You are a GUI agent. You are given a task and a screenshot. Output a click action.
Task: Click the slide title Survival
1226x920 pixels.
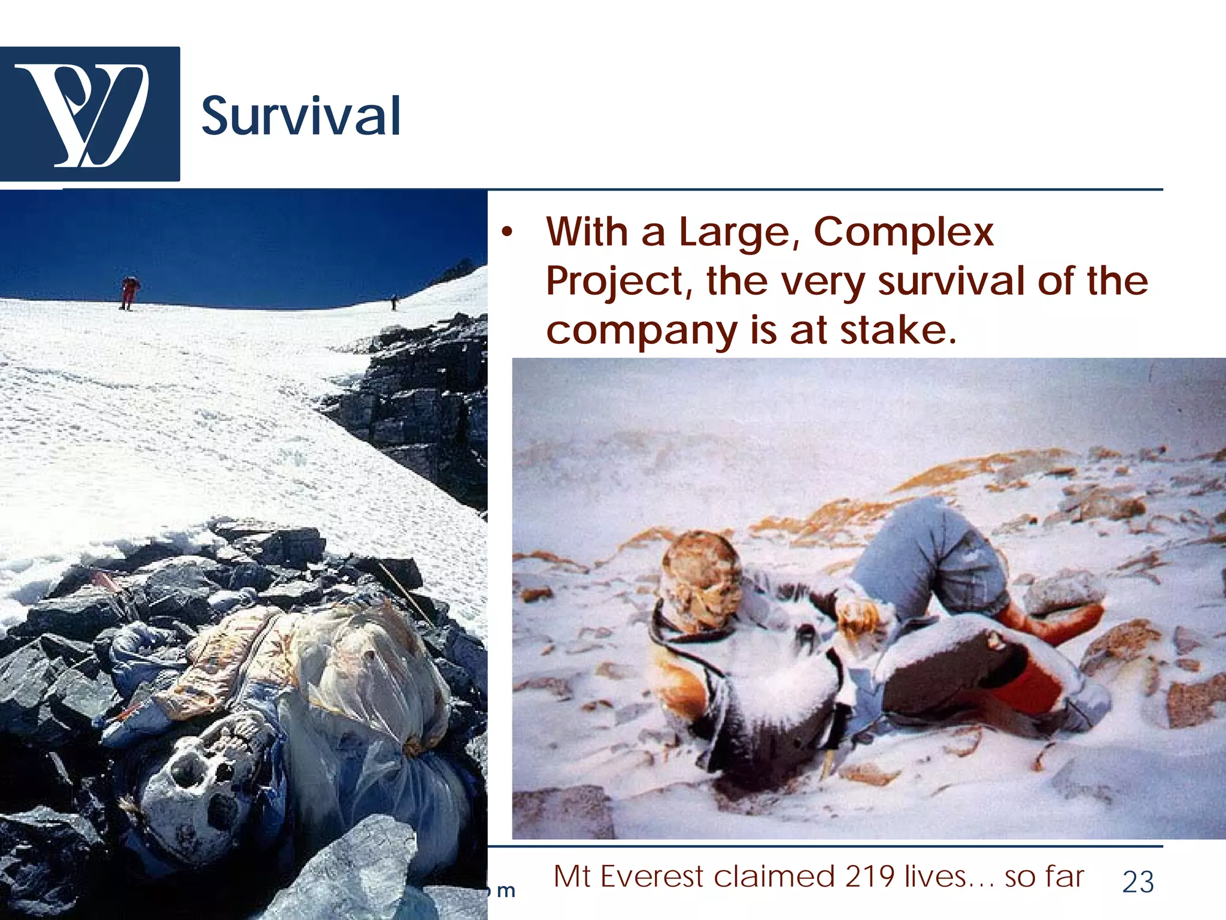(301, 116)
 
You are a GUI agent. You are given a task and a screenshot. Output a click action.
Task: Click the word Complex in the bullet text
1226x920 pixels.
(903, 232)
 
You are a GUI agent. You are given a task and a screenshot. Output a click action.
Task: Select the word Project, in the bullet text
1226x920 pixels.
(619, 282)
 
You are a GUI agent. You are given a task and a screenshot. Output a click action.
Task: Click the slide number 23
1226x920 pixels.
(1137, 882)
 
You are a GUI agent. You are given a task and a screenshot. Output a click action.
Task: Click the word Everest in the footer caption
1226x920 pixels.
(653, 877)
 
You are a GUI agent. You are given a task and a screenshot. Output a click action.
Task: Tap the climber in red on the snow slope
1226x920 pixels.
(129, 292)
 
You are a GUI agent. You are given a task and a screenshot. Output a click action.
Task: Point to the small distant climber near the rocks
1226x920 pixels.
(393, 302)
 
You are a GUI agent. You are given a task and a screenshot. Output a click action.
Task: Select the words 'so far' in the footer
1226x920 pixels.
(1044, 877)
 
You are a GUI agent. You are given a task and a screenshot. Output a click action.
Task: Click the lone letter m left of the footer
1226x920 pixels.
(506, 891)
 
